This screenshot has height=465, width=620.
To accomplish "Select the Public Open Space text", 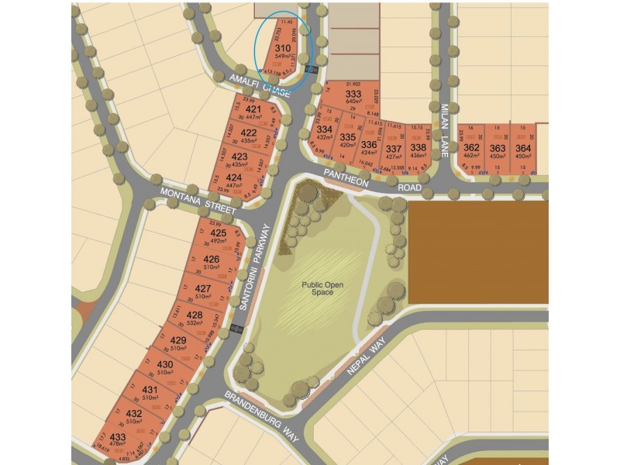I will [x=318, y=288].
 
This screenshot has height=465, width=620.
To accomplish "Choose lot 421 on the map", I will [x=253, y=110].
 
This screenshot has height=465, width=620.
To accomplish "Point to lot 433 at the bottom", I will [x=117, y=437].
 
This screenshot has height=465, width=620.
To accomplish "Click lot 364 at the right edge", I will [x=523, y=147].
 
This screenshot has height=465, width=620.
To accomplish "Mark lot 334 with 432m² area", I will [x=325, y=130].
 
